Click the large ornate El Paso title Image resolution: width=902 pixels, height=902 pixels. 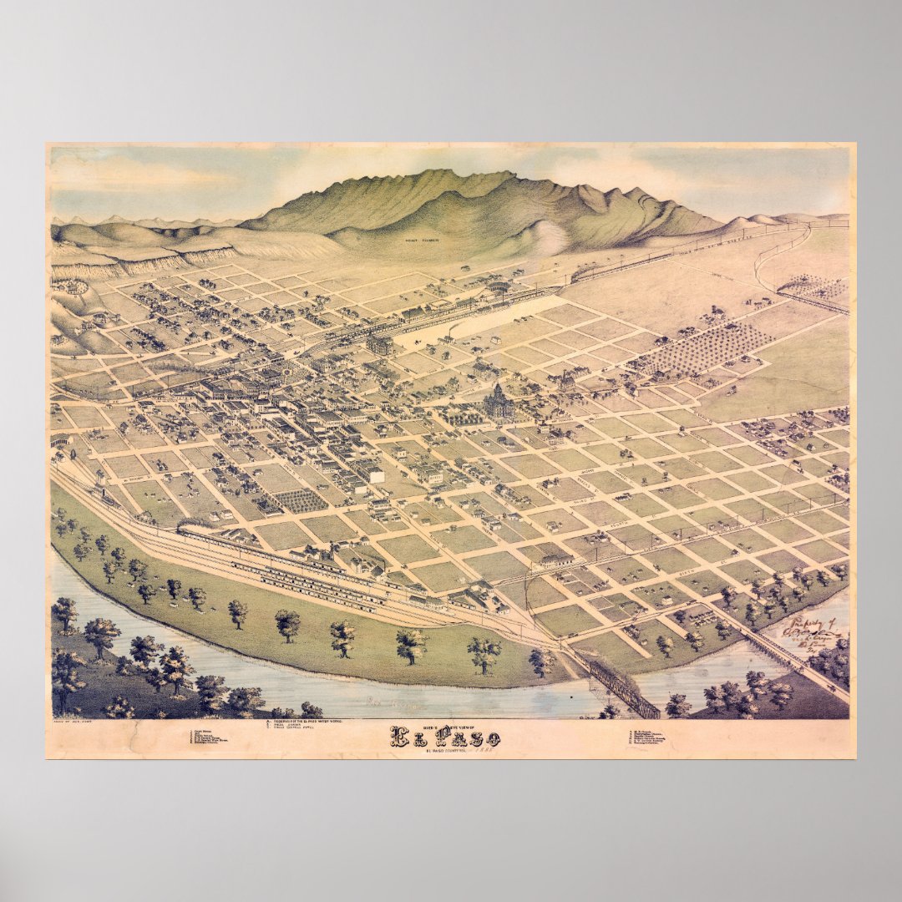tap(446, 737)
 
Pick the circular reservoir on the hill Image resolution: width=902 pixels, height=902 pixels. tap(71, 286)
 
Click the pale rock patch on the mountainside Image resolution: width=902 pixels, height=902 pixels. tap(547, 238)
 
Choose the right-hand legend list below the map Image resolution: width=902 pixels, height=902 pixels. tap(651, 738)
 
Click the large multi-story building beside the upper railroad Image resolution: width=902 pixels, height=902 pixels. tap(380, 343)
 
